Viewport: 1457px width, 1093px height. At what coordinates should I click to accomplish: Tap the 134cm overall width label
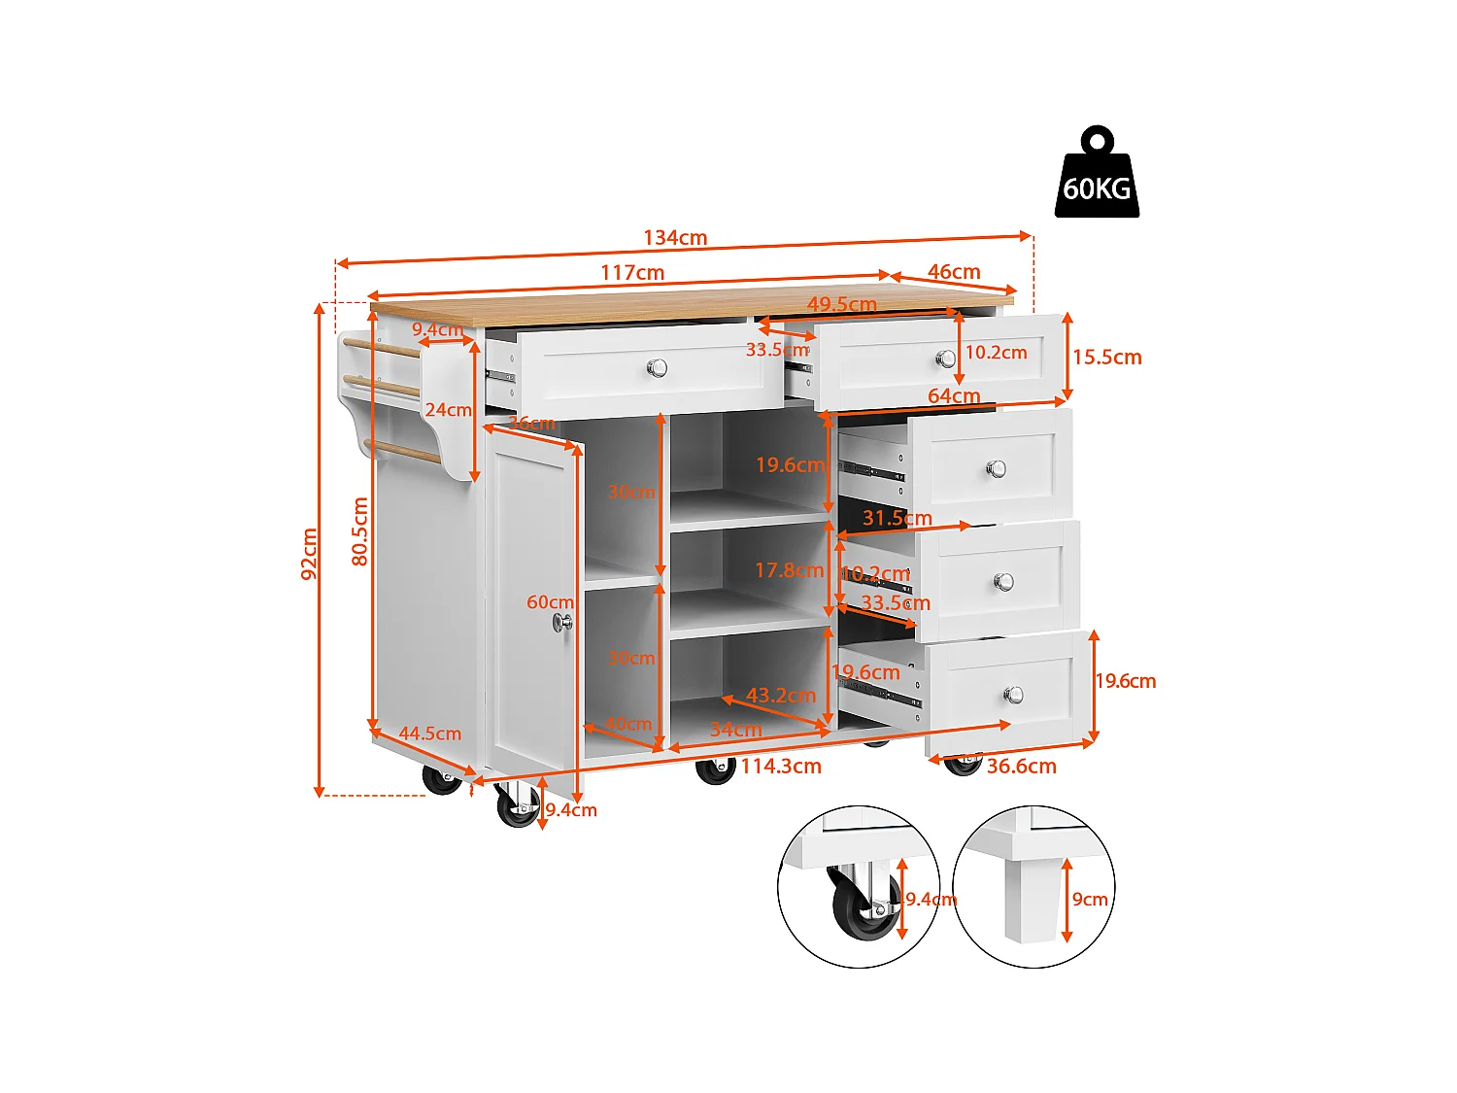tap(675, 238)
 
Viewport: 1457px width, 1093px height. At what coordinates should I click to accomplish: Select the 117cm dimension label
tap(632, 273)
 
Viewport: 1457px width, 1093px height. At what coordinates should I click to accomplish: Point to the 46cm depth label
tap(954, 272)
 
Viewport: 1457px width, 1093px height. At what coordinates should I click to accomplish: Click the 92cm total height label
tap(310, 554)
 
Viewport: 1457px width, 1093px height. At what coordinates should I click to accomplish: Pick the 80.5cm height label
tap(360, 531)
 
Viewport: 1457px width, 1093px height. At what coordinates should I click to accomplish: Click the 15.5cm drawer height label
tap(1107, 358)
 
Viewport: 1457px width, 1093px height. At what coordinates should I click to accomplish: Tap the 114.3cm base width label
tap(781, 767)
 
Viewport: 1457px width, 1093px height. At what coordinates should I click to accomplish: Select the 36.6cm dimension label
tap(1022, 767)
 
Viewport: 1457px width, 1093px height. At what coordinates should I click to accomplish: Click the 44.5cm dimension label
tap(430, 734)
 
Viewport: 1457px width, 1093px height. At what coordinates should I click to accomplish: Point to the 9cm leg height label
tap(1090, 900)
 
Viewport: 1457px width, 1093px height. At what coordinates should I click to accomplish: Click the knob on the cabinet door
tap(562, 623)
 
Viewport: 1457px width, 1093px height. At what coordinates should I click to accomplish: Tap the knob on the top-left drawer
tap(658, 367)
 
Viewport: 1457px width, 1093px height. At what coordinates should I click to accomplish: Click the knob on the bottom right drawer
tap(1013, 695)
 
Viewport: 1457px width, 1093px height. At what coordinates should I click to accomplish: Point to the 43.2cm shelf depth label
tap(781, 696)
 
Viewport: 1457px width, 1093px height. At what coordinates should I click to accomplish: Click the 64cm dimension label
tap(954, 395)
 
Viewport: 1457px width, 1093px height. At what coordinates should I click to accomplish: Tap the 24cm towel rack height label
tap(448, 410)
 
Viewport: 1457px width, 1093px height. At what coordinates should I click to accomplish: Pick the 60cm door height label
tap(550, 602)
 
